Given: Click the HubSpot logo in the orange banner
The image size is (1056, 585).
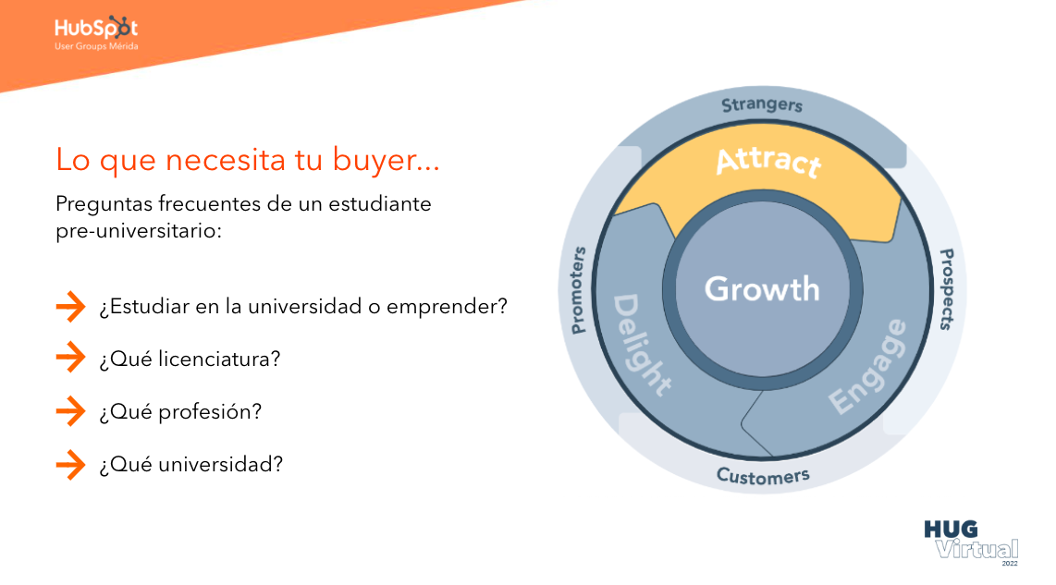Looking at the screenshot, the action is (x=95, y=32).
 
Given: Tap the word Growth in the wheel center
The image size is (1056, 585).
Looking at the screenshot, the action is (x=762, y=289).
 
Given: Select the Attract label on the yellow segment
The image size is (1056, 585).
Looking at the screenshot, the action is (x=768, y=162).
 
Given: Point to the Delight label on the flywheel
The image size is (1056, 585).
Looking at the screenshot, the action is (x=641, y=343).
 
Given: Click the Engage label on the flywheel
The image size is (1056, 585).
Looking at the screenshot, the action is (x=868, y=366).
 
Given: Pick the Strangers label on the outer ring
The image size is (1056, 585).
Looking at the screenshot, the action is (x=762, y=105).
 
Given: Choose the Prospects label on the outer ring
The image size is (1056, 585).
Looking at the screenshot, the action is (x=947, y=289).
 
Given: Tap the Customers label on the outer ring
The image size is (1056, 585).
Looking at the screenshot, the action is (x=763, y=476).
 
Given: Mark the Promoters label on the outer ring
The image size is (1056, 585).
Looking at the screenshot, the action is (x=578, y=290).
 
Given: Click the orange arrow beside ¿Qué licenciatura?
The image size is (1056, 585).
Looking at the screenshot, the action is (x=70, y=358).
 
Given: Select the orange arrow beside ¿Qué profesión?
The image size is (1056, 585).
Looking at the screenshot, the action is (x=70, y=410).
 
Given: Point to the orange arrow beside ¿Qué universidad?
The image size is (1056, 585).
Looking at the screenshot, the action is (x=70, y=464).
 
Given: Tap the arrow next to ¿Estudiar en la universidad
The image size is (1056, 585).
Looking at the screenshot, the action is (x=70, y=306).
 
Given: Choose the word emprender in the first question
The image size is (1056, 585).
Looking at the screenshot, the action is (x=442, y=307).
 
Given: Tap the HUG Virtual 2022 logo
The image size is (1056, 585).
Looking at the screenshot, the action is (x=972, y=542).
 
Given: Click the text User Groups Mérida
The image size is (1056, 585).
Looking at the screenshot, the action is (x=96, y=46).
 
